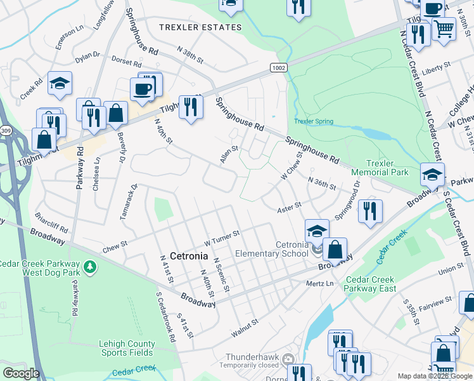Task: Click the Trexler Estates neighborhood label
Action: point(200,27)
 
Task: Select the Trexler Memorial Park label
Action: point(380,168)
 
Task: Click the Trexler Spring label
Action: point(313,121)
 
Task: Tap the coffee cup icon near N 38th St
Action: point(143,88)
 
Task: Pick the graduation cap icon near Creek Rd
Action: point(60,83)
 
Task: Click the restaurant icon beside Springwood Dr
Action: point(370,210)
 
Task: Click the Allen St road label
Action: point(228,154)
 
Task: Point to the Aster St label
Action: point(289,208)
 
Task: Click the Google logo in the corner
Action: point(21,373)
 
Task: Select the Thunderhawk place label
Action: point(250,357)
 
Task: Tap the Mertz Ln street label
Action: point(319,283)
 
